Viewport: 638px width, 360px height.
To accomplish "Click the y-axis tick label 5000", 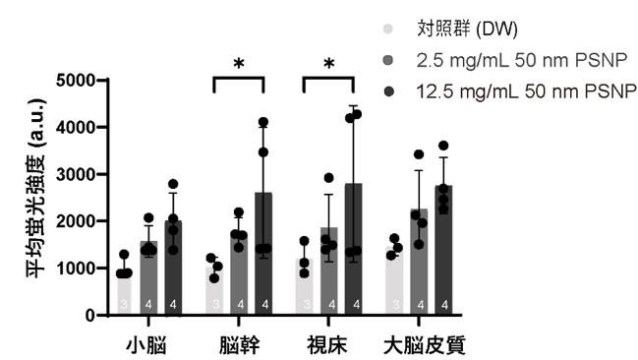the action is [76, 81].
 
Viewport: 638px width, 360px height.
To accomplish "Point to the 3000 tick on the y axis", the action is [76, 174].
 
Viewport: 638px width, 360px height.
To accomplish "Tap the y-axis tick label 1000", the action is [76, 269].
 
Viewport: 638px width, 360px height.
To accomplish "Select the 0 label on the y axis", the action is [89, 316].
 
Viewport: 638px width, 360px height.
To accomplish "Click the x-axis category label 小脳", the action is [146, 346].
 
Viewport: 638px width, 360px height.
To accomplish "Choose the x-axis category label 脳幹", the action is [239, 346].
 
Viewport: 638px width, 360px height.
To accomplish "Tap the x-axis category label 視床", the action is [327, 346].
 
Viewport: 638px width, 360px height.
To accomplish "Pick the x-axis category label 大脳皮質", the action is [425, 346].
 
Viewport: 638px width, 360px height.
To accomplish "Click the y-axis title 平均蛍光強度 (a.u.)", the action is [36, 188].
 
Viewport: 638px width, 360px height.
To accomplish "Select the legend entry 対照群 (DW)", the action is [467, 29].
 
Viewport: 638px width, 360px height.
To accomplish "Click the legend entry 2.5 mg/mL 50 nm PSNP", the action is [521, 60].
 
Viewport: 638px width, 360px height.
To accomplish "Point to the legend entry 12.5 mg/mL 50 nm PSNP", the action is [526, 91].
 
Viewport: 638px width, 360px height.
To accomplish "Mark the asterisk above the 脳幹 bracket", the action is [239, 64].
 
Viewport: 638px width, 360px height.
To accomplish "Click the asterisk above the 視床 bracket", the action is [329, 64].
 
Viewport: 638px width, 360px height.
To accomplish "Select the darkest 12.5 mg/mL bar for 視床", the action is [353, 249].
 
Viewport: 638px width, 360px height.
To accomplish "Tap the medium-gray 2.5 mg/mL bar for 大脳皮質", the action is [419, 262].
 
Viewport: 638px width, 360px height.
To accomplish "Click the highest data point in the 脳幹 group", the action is [263, 122].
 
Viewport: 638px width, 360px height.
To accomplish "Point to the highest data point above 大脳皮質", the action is [443, 146].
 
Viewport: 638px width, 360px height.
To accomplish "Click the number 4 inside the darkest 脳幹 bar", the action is [265, 304].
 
